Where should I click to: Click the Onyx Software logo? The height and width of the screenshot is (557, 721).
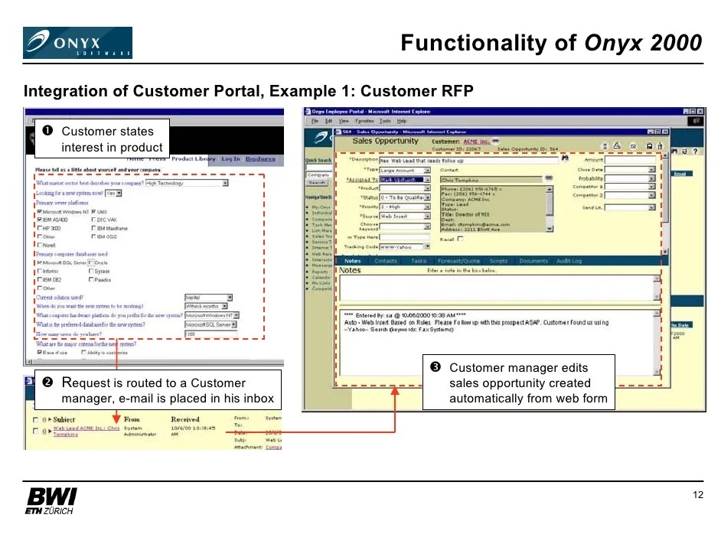[77, 43]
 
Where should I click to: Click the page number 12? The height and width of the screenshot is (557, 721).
[697, 495]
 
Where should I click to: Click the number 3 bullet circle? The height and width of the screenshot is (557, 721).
[435, 368]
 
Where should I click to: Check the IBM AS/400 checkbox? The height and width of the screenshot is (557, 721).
[39, 220]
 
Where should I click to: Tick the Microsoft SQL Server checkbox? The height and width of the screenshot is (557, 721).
[39, 262]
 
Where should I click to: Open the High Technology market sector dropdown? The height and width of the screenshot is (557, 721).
[188, 184]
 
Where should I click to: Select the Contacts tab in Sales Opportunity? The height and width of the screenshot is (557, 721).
[386, 261]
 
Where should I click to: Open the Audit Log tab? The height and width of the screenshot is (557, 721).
[569, 261]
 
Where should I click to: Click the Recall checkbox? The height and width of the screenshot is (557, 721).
[461, 239]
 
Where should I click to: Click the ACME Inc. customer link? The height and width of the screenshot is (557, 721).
[476, 142]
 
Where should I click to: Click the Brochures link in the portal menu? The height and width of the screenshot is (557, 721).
[260, 159]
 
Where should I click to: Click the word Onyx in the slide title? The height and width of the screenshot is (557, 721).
[610, 43]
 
